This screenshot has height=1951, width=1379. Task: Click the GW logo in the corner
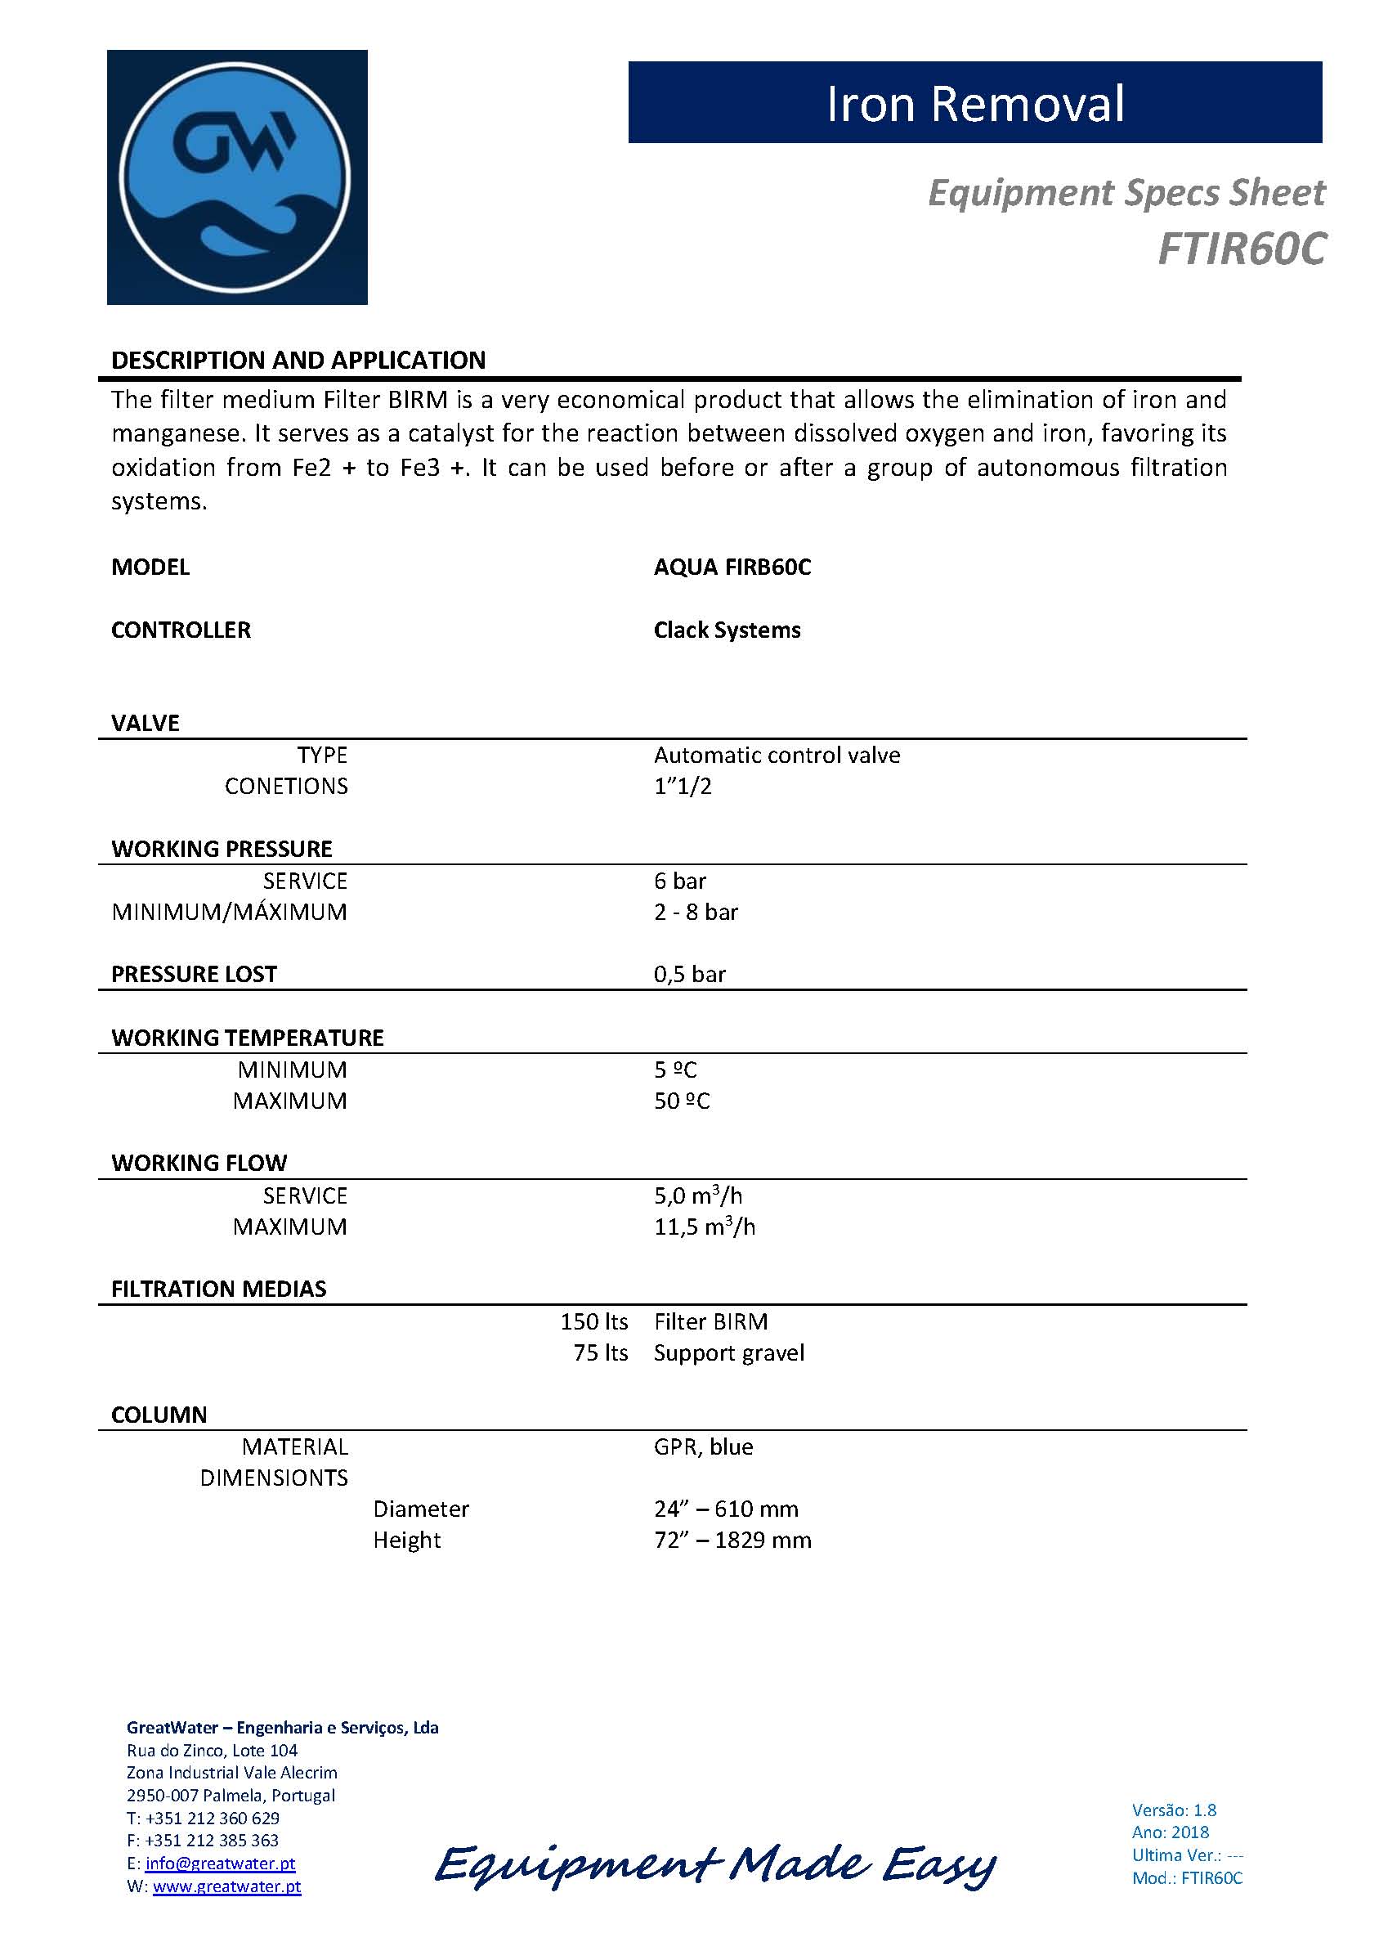(236, 177)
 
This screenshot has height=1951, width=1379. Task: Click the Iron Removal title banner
(974, 103)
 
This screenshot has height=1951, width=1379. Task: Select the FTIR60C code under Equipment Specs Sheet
(1241, 249)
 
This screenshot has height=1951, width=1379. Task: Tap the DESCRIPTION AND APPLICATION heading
(298, 361)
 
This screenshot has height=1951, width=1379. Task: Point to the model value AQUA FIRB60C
(732, 567)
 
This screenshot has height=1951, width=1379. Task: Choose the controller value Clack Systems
(727, 630)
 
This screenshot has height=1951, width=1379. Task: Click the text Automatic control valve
(777, 755)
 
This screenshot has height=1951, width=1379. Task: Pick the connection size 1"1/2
(683, 786)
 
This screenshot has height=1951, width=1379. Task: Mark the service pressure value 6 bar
(680, 881)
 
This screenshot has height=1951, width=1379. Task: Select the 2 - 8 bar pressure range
(696, 912)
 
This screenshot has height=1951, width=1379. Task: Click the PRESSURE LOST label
(194, 974)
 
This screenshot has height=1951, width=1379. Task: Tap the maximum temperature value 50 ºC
(682, 1101)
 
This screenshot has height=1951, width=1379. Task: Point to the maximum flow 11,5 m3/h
(705, 1227)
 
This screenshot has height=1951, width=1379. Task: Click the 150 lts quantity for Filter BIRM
(594, 1321)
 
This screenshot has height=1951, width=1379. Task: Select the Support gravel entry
(728, 1352)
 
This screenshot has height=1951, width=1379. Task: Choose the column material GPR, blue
(703, 1446)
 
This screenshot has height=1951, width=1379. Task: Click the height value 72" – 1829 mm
(732, 1540)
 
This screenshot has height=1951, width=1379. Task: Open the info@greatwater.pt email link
(220, 1864)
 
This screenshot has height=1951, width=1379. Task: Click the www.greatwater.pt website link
(227, 1886)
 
